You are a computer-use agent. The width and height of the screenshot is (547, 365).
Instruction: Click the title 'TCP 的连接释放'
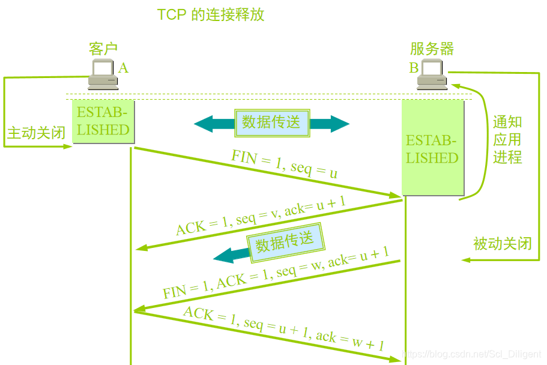(x=211, y=14)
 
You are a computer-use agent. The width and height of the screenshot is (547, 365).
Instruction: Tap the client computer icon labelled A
(x=103, y=74)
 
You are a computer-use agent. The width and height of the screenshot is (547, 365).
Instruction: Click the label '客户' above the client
(x=103, y=49)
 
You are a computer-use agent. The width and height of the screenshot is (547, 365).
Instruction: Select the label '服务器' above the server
(x=432, y=49)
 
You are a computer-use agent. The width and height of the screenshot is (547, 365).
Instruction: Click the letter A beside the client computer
(x=123, y=68)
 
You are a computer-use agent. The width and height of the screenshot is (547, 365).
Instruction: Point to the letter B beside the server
(x=414, y=68)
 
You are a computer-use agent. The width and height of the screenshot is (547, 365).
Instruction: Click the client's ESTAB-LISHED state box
(x=103, y=121)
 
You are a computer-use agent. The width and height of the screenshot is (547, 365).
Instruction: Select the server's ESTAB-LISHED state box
(x=432, y=149)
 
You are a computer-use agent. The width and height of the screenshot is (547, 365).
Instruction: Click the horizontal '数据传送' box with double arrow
(x=271, y=122)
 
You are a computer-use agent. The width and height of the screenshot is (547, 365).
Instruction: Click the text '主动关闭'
(x=36, y=133)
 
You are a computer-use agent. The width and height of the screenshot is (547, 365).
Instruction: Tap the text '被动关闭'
(x=502, y=244)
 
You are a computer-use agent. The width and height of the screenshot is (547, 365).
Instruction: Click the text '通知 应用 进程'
(x=507, y=140)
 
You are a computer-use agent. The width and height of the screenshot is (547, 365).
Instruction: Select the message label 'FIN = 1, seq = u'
(x=284, y=164)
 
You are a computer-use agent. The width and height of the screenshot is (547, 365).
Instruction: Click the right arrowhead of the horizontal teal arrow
(x=340, y=124)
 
